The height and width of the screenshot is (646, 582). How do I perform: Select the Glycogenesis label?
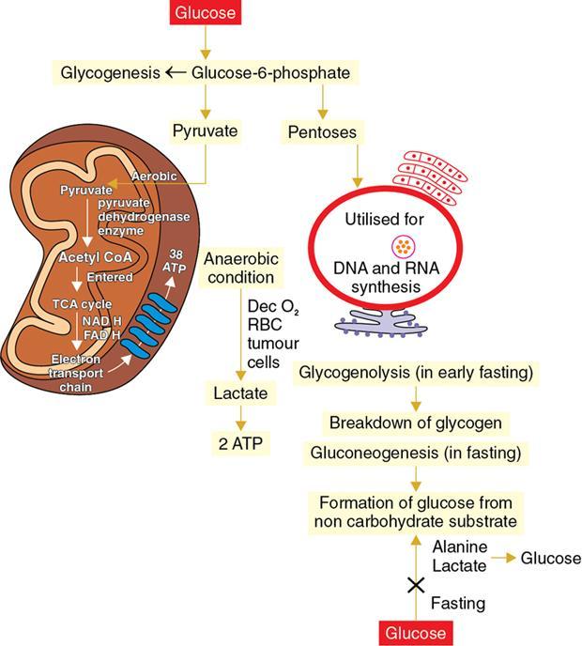coord(109,72)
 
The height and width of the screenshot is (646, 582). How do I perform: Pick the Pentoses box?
coord(320,132)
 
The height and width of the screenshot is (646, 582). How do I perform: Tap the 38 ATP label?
coord(176,262)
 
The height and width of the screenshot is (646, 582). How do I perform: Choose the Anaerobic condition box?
coord(238,268)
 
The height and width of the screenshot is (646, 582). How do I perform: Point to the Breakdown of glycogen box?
coord(414,423)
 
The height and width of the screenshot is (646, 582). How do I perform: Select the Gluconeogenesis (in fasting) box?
coord(414,454)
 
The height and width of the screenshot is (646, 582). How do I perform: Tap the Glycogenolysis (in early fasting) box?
coord(416,373)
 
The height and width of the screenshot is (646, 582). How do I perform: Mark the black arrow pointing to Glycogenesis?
coord(175,72)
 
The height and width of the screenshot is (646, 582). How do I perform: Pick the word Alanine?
coord(461,546)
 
